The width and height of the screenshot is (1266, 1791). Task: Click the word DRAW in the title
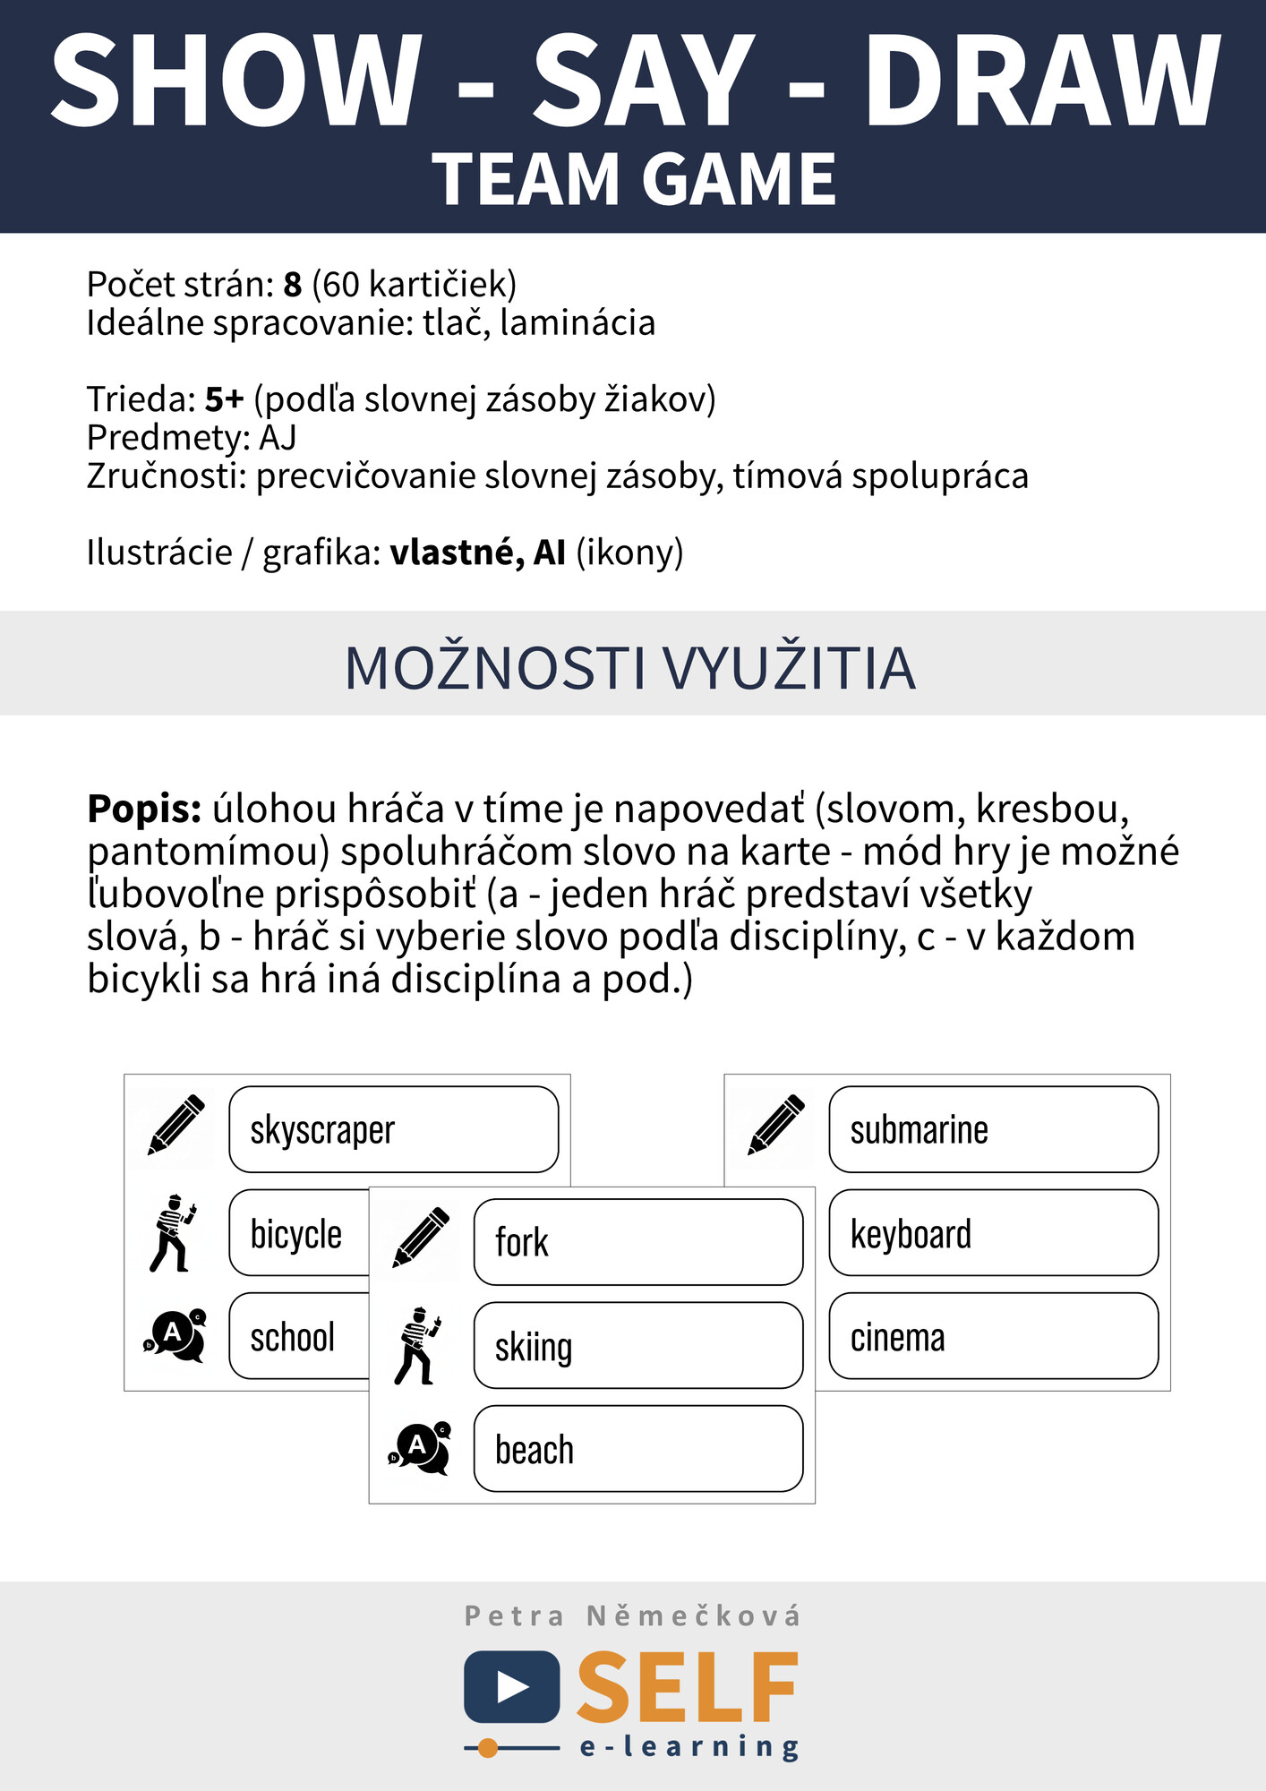click(x=1041, y=82)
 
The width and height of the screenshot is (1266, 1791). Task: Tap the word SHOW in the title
click(x=236, y=82)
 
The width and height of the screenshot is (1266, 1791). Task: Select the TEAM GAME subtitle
click(x=634, y=179)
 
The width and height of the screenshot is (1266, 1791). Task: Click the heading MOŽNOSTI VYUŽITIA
click(x=630, y=668)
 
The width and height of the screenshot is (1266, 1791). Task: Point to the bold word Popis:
click(x=144, y=809)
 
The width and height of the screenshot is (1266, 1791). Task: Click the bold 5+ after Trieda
click(x=224, y=399)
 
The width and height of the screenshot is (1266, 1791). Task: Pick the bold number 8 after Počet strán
click(x=293, y=285)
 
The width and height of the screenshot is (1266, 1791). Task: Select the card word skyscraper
click(x=322, y=1130)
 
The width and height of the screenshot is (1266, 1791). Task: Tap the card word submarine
click(x=919, y=1130)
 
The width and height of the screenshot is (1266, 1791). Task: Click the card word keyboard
click(x=911, y=1234)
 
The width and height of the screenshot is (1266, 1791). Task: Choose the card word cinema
click(x=897, y=1338)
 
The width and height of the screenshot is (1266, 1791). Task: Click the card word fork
click(x=521, y=1243)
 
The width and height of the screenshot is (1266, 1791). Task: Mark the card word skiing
click(x=534, y=1347)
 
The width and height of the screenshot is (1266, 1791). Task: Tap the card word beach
click(x=535, y=1450)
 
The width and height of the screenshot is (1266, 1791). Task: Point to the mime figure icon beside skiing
click(x=417, y=1346)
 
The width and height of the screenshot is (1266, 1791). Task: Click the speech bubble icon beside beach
click(x=420, y=1448)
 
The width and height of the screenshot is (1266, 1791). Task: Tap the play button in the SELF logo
click(x=512, y=1687)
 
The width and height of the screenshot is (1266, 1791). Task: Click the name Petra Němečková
click(x=632, y=1616)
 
